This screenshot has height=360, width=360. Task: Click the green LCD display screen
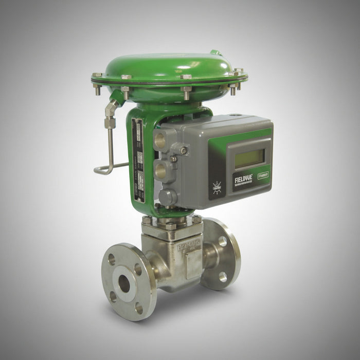pos(249,158)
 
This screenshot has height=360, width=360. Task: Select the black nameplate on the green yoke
pos(138,160)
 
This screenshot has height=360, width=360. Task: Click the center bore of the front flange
pos(124,283)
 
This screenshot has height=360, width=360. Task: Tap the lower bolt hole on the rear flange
pos(223,276)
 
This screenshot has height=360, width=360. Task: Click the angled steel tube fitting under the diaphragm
pos(112,109)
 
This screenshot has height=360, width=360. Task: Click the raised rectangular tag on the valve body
pos(193,263)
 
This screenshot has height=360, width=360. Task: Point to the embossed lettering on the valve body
pos(189,246)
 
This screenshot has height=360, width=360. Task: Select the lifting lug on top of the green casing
pos(215,52)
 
